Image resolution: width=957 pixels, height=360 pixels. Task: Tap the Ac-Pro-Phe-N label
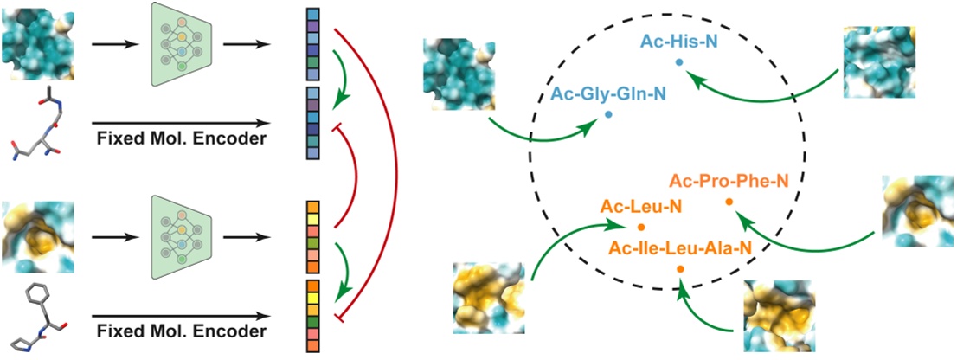coord(729,181)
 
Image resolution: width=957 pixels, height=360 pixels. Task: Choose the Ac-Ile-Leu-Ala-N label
coord(679,249)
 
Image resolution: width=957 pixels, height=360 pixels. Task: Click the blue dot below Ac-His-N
coord(679,61)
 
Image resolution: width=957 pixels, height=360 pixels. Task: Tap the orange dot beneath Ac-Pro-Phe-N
coord(729,202)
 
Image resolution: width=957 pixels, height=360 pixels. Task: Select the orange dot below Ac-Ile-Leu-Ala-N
coord(679,270)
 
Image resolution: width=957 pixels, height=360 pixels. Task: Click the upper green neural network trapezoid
coord(182,43)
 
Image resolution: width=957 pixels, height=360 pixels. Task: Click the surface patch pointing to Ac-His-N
coord(878,61)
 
